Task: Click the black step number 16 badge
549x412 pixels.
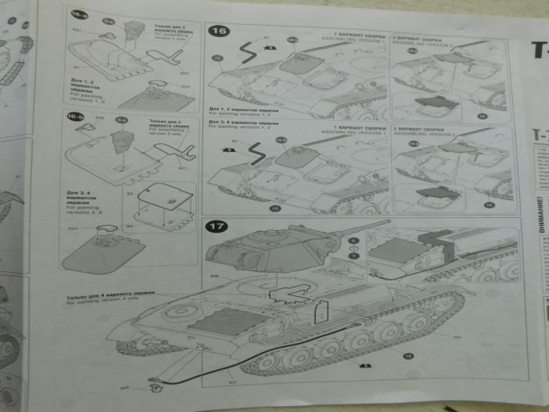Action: pyautogui.click(x=219, y=32)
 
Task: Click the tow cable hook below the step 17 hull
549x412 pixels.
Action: pyautogui.click(x=153, y=383)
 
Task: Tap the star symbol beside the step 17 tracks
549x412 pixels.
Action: pyautogui.click(x=366, y=367)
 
